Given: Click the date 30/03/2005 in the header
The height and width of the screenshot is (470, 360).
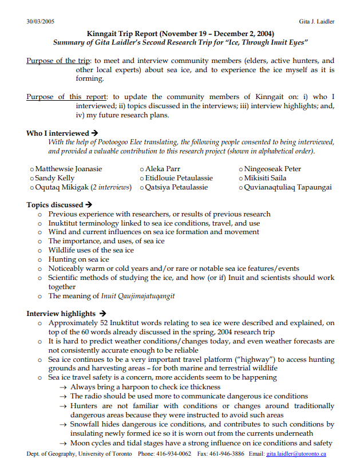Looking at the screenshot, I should tap(41, 21).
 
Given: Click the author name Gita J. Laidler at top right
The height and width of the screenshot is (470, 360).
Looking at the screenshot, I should tap(317, 21).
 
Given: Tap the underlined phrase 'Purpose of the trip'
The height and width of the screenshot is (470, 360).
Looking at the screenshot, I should tap(58, 61).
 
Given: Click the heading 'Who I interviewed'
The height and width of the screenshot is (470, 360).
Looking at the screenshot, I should tap(58, 133).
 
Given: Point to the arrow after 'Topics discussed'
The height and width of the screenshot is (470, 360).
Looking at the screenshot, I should tap(89, 204).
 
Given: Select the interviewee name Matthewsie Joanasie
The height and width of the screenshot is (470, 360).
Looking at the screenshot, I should tap(68, 169).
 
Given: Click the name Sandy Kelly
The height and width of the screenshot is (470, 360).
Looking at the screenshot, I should tap(54, 178).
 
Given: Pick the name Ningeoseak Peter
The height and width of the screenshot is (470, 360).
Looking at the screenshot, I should tap(272, 169).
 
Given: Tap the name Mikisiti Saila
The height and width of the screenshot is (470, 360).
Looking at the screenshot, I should tap(266, 178).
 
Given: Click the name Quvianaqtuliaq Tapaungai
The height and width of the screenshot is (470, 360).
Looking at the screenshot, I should tap(287, 187).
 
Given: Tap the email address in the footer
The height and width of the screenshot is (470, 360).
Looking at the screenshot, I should tap(296, 454).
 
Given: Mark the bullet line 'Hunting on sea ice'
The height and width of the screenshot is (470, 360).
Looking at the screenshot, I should tap(78, 259).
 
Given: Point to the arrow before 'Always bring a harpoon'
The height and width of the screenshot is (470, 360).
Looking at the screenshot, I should tap(64, 387).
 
